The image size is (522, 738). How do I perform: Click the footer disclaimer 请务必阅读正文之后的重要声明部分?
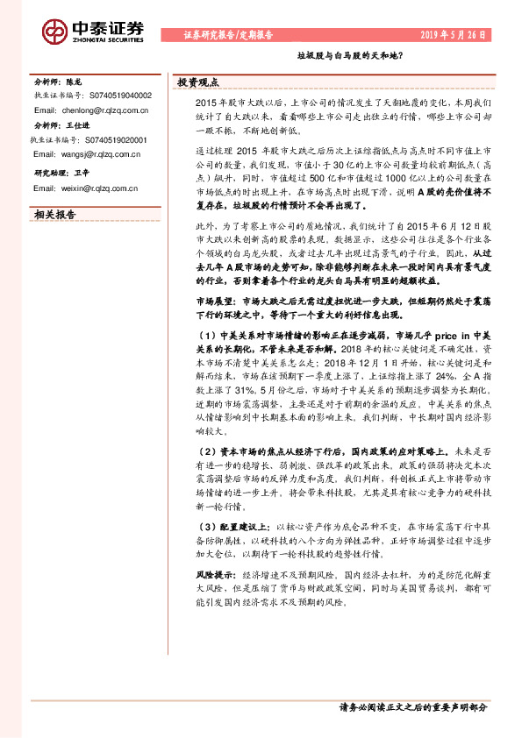click(x=411, y=706)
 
